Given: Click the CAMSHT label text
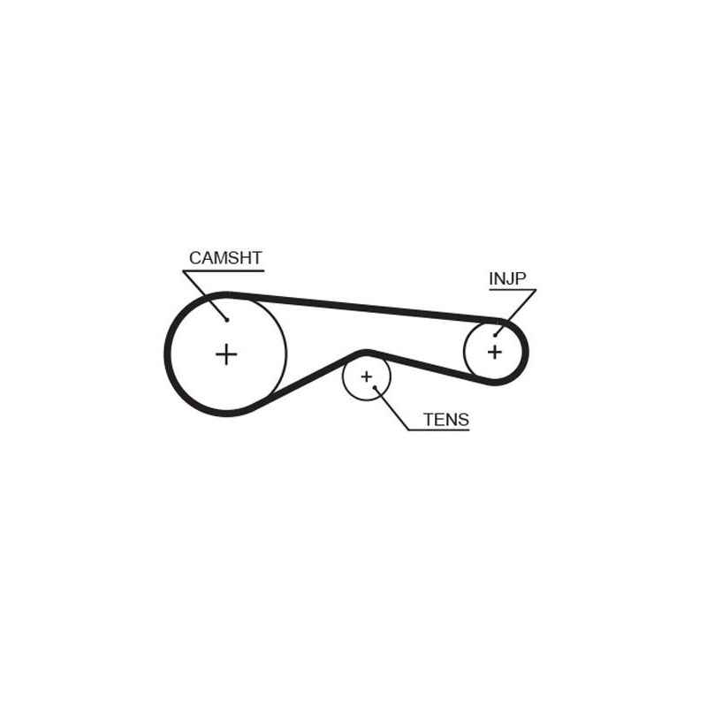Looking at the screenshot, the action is coord(225,258).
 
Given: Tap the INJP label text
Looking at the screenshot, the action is coord(507,278).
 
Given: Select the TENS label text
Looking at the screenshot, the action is coord(446,420).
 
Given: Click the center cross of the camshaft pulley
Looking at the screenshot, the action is coord(226,354).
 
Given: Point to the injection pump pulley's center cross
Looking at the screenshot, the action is coord(495,352).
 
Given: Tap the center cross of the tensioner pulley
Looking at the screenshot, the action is coord(366,376).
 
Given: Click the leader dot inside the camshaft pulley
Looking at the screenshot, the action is coord(227,320).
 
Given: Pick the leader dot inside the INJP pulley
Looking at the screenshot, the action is coord(495,336).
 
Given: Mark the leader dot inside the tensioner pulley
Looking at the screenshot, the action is coord(375,387).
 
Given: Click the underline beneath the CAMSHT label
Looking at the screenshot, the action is coord(224,271).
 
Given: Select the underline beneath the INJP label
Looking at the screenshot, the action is coord(513,290).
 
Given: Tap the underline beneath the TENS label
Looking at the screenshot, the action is coord(438,430).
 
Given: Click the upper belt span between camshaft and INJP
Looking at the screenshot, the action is coord(365,307).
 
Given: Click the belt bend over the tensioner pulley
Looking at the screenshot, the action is coord(366,352).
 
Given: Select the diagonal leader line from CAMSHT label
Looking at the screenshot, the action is coord(205,296).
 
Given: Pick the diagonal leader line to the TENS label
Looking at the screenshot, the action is coord(392,408).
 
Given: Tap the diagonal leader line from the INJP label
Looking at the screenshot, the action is coord(515,313).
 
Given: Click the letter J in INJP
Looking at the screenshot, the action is coord(511,278).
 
